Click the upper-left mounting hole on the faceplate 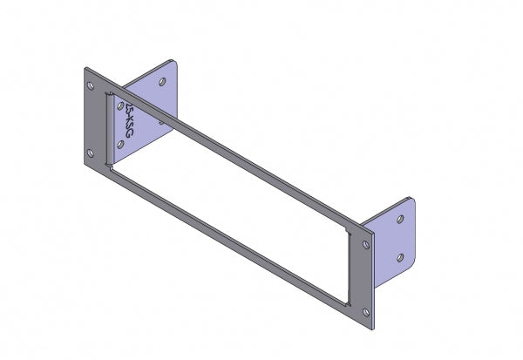92,86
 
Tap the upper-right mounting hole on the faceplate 362,244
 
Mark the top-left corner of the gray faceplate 85,67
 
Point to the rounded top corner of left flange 175,63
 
